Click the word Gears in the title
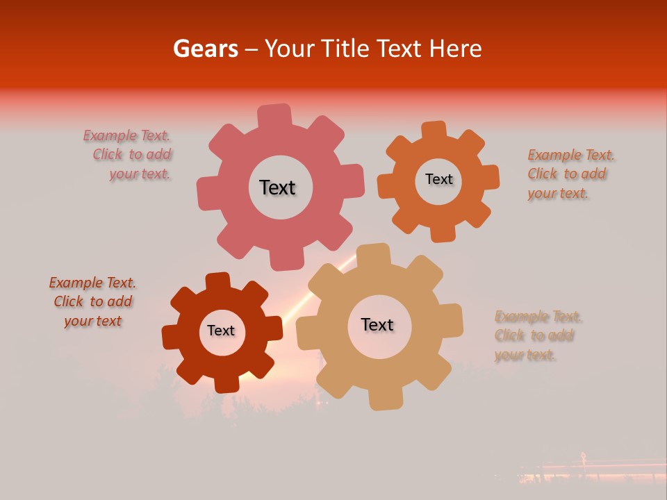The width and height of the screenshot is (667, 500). click(205, 49)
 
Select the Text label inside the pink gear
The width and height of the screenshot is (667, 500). click(277, 187)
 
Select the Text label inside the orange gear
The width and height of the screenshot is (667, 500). click(438, 179)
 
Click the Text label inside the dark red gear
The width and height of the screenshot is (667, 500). click(221, 331)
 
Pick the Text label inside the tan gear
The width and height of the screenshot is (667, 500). click(377, 324)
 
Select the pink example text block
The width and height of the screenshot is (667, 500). click(129, 155)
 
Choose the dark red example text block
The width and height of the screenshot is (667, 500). click(92, 302)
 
